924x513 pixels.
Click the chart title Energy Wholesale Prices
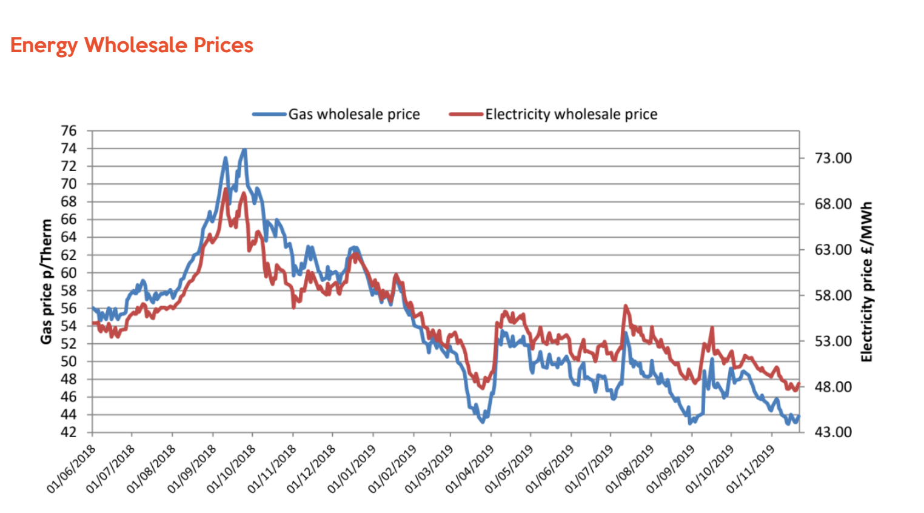click(x=132, y=45)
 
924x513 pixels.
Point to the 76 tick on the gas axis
click(x=69, y=131)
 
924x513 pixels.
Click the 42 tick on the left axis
click(x=69, y=432)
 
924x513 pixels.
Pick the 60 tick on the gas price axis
click(x=69, y=273)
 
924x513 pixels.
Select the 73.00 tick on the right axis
click(x=833, y=158)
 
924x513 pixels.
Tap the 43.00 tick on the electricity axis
click(x=833, y=432)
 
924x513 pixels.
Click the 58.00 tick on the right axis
click(x=833, y=295)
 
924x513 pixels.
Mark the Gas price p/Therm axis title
click(x=46, y=281)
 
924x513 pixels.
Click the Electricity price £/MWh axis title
click(x=866, y=281)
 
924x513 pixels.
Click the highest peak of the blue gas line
click(x=244, y=149)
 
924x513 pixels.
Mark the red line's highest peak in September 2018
click(x=226, y=189)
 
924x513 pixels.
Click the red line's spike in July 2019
click(x=625, y=306)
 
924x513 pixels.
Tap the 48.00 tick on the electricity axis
click(x=833, y=387)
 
